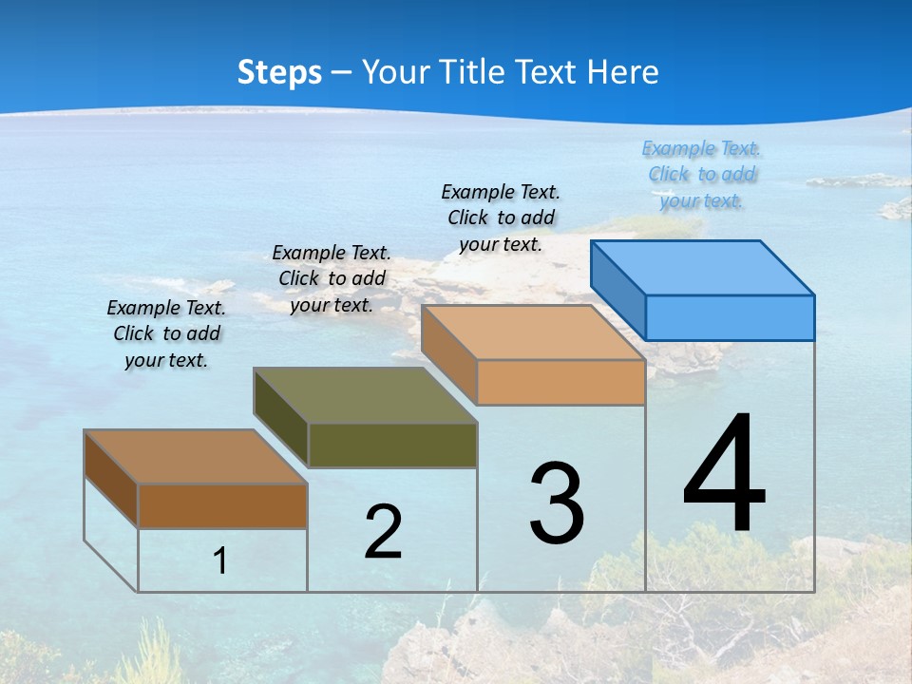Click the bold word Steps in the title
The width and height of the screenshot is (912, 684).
[279, 72]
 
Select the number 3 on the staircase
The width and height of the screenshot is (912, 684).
[557, 503]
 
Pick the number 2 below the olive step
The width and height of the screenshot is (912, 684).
[383, 532]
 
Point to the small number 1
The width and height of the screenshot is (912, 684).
[219, 560]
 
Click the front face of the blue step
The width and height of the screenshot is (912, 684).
[730, 317]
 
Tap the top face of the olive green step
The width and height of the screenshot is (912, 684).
[366, 394]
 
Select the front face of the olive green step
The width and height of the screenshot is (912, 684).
[392, 445]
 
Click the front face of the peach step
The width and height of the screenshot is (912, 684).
[560, 382]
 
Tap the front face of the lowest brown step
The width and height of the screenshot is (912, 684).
[222, 505]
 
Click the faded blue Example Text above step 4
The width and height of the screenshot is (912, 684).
[701, 175]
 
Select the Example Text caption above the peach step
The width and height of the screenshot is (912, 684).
[501, 218]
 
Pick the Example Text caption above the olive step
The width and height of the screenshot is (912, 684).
[332, 278]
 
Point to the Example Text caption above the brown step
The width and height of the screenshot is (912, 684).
[166, 333]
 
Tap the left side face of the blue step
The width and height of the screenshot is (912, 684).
[618, 290]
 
